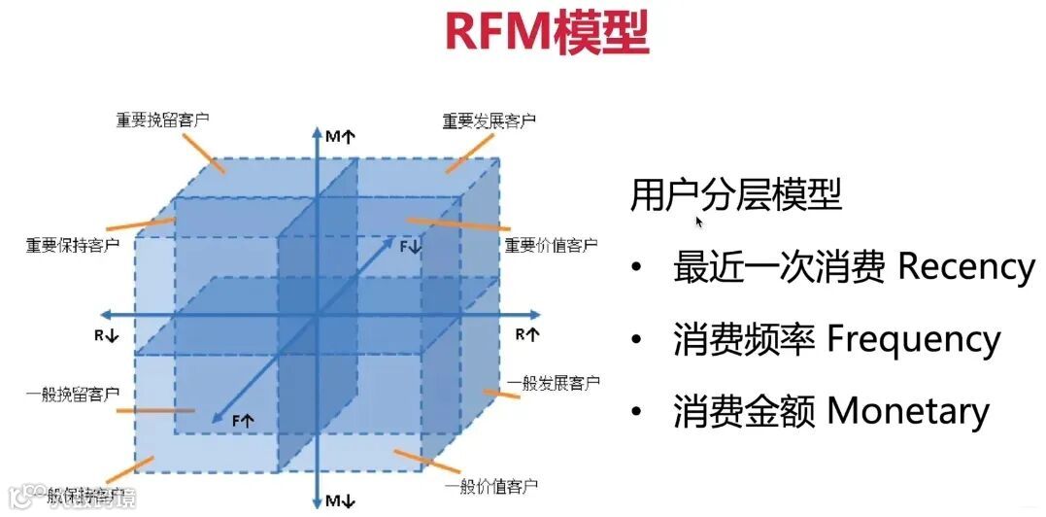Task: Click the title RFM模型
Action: (547, 32)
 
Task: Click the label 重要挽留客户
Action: (163, 121)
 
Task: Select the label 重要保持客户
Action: (73, 244)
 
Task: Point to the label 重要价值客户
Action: (551, 245)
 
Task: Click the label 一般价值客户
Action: (490, 485)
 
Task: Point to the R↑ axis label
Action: (527, 334)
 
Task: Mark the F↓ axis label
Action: (411, 247)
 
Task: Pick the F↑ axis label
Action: (242, 420)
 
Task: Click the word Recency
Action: (965, 266)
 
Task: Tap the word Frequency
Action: (913, 339)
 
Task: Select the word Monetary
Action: (907, 411)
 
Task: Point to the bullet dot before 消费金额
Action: (636, 413)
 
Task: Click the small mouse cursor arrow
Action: (699, 222)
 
